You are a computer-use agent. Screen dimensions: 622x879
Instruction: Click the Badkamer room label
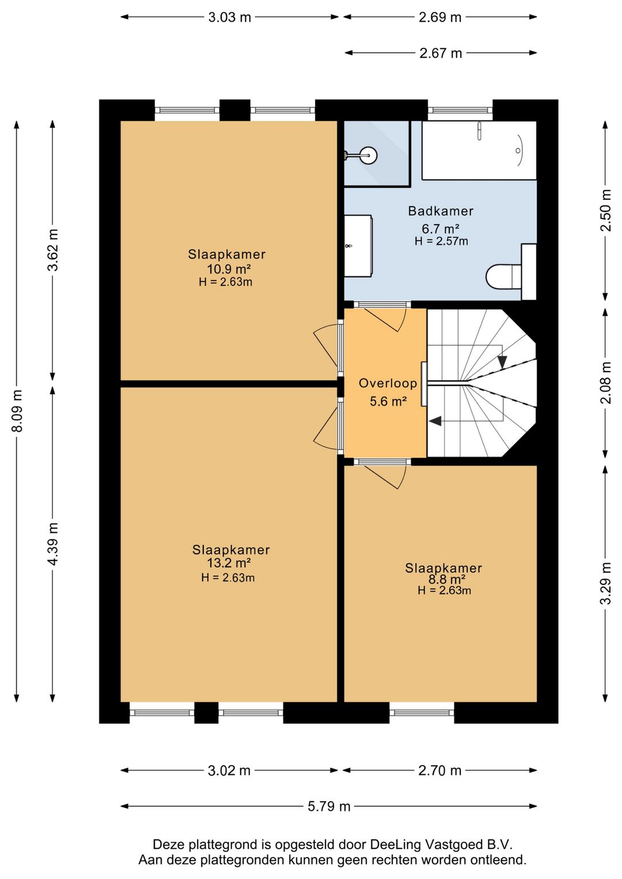(x=441, y=211)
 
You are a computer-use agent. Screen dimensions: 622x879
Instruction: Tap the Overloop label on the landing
(x=388, y=383)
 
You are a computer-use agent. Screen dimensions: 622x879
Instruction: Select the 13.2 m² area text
(x=229, y=563)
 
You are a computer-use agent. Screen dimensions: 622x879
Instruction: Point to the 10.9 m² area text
(x=229, y=269)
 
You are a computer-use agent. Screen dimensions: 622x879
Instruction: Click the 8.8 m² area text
(x=443, y=579)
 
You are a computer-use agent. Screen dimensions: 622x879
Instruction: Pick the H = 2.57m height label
(x=441, y=241)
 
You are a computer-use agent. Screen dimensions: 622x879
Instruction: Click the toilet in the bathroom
(x=510, y=271)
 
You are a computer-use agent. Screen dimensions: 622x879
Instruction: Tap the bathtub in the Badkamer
(x=479, y=150)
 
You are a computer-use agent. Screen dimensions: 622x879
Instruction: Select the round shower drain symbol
(x=369, y=156)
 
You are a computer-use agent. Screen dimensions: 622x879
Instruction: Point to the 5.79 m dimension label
(x=329, y=806)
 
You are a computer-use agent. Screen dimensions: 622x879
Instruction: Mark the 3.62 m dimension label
(x=52, y=249)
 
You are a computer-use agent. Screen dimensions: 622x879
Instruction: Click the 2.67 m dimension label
(x=441, y=53)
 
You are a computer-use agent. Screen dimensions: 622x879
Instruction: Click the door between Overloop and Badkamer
(x=382, y=316)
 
